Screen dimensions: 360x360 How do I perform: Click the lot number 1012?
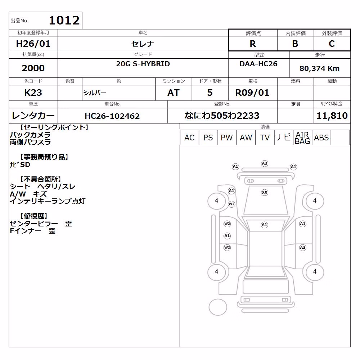64,21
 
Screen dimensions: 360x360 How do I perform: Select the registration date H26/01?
33,44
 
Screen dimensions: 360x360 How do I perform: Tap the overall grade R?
253,44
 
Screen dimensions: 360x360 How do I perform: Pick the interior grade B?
295,44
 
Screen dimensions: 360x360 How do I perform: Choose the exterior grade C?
332,44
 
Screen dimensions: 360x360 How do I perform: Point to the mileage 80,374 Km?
320,68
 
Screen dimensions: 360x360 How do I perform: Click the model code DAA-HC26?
258,64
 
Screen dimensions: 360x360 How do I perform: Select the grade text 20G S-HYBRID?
143,64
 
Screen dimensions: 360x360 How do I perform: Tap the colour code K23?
33,93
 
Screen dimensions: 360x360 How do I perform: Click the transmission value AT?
174,93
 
